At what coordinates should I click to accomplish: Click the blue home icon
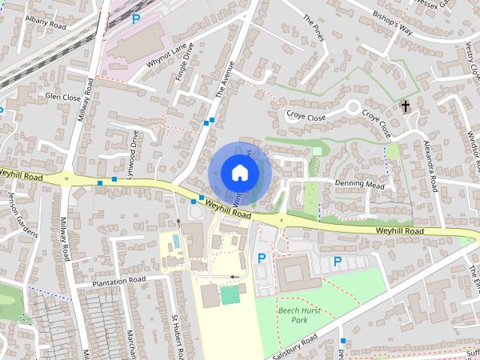238,172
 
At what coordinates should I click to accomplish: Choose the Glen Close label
62,96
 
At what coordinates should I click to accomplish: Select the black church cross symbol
406,106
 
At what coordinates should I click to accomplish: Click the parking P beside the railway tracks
135,19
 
